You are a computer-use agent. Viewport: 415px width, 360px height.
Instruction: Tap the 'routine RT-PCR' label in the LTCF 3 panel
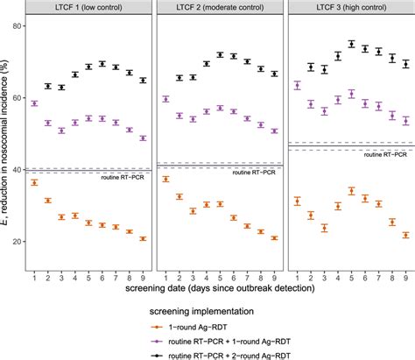(x=383, y=153)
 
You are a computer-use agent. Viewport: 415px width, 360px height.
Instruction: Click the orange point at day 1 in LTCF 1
(x=33, y=182)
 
